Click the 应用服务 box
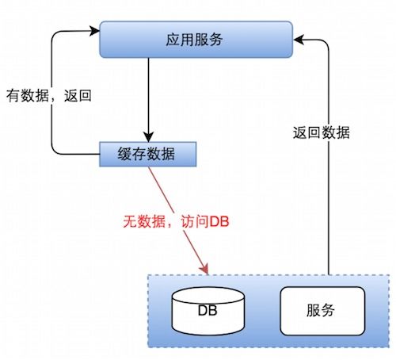(x=196, y=40)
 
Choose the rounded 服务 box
(x=322, y=309)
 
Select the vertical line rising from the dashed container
(x=326, y=198)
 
